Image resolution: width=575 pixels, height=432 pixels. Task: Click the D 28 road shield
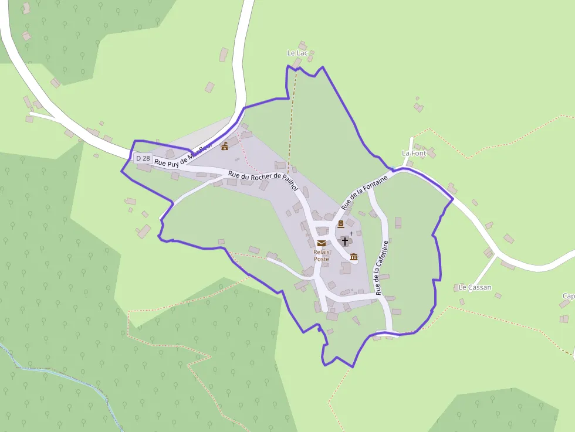click(143, 158)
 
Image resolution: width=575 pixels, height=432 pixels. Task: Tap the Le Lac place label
click(297, 53)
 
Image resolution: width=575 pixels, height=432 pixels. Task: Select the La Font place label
click(414, 153)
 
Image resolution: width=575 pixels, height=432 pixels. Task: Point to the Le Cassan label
click(475, 287)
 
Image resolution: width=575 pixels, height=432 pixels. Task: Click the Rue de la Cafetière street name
click(382, 267)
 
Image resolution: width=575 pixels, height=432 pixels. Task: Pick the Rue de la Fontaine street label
click(364, 192)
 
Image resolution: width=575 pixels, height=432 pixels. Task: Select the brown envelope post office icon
click(321, 243)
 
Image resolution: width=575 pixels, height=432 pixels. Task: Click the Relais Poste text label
click(322, 255)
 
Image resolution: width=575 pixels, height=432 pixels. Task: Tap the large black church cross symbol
click(344, 241)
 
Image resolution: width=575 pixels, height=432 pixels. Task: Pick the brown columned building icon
click(354, 256)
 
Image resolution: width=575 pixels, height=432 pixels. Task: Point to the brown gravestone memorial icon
click(340, 224)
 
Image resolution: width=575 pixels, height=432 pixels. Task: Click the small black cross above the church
click(351, 233)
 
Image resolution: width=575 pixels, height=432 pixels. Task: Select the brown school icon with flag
click(225, 146)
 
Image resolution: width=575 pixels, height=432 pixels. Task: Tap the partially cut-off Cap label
click(568, 296)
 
